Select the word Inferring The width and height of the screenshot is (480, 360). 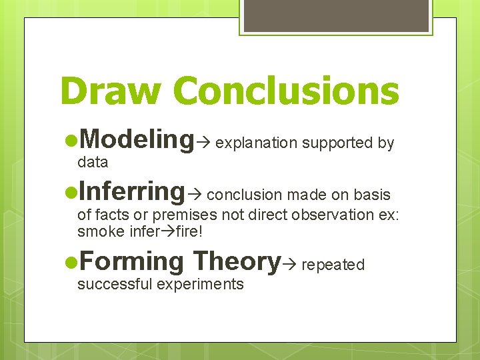click(x=131, y=191)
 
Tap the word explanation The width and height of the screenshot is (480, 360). click(x=257, y=143)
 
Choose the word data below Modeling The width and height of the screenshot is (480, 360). click(x=93, y=162)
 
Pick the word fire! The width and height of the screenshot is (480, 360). click(x=187, y=232)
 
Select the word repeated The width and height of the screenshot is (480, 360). click(x=333, y=265)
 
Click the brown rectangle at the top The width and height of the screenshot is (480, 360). click(x=336, y=16)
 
